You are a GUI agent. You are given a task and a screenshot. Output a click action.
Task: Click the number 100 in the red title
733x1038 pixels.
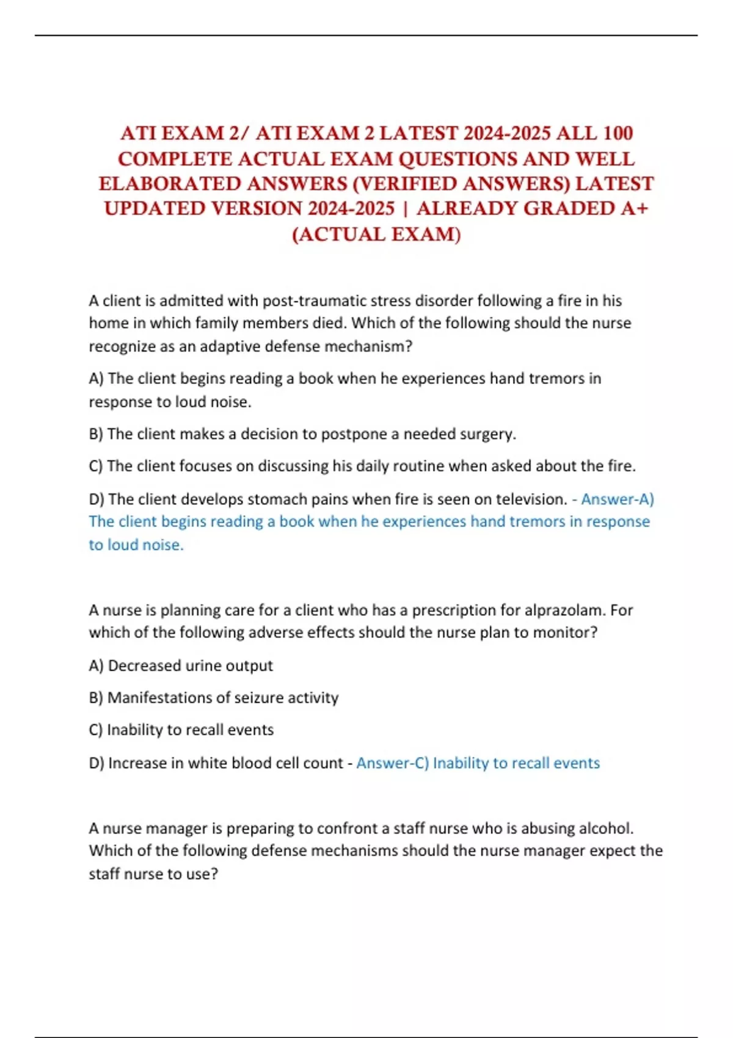coord(618,133)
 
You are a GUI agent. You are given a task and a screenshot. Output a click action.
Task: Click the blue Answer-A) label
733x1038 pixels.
coord(617,499)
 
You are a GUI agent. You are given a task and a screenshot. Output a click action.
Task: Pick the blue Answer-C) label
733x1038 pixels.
coord(393,763)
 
